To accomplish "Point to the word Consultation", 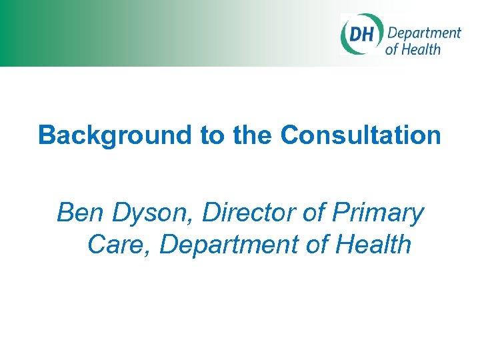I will coord(361,135).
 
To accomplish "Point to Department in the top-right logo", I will coord(424,33).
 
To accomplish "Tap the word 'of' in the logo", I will coord(392,49).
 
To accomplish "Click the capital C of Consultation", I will coord(289,135).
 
